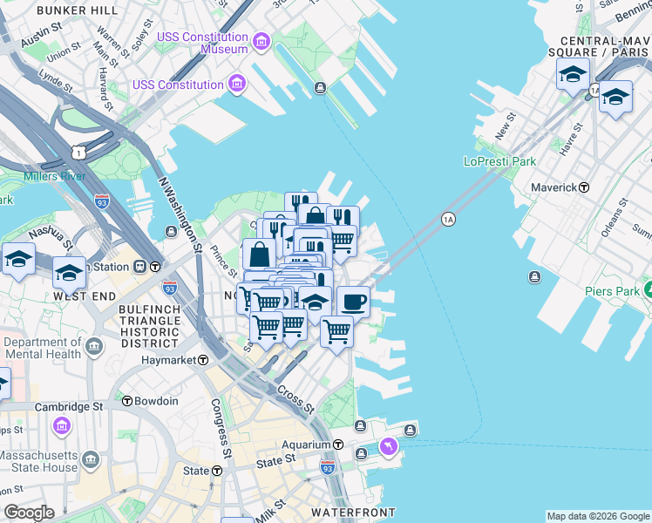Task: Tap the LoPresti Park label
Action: (499, 161)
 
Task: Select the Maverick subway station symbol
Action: (584, 187)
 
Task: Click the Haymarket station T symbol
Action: (203, 359)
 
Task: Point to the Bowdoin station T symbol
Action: (127, 401)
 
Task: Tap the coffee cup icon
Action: (353, 302)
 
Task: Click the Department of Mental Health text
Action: (42, 349)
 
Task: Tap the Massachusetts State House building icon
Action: (91, 458)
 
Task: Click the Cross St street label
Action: (296, 398)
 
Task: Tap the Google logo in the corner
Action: (29, 512)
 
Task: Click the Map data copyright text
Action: (598, 516)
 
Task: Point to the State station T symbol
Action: (217, 471)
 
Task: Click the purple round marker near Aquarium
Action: (388, 447)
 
